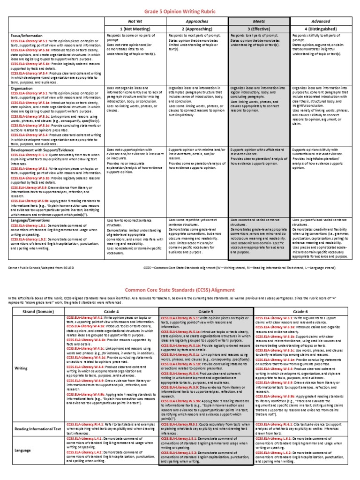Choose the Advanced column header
coord(322,21)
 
